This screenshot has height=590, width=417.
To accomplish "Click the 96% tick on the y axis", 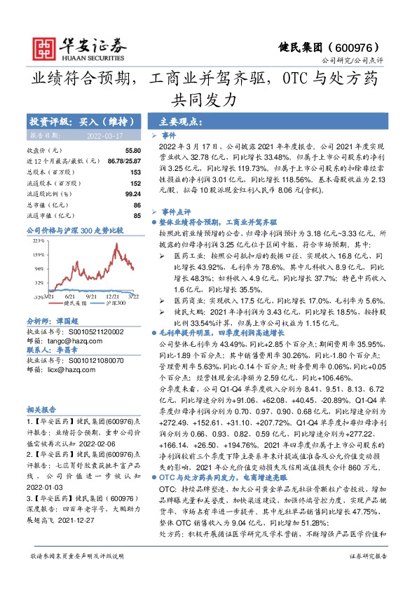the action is [39, 268].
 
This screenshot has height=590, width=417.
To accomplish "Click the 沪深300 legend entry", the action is [117, 304].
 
